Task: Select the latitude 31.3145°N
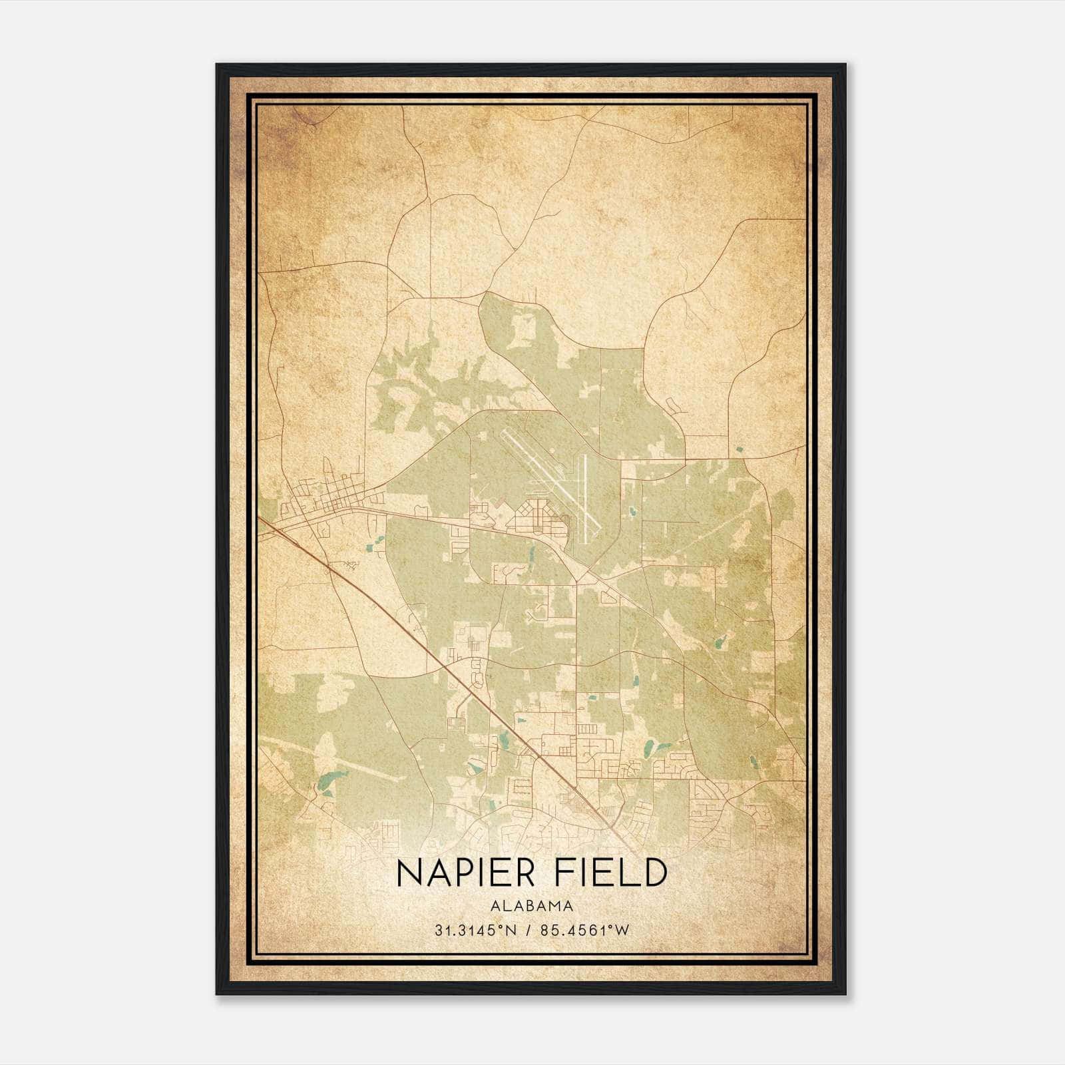[474, 931]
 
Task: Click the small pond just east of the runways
[631, 513]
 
